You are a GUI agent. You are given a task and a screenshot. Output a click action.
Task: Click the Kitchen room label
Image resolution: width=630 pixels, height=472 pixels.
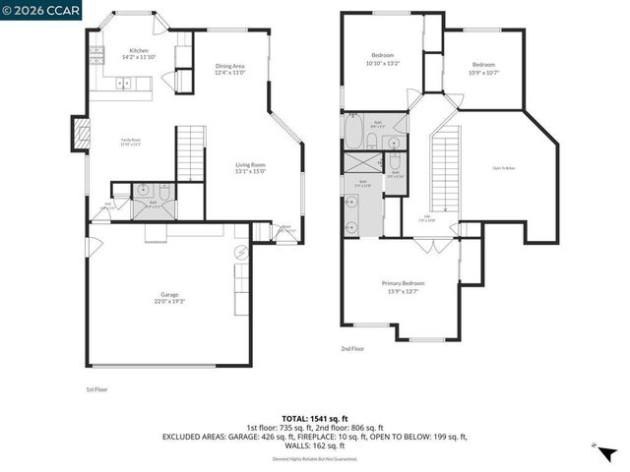(139, 50)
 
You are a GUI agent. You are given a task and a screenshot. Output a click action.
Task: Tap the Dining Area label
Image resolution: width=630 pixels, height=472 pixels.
(229, 67)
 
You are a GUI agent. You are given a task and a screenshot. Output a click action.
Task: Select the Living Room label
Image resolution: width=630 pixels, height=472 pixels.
(250, 164)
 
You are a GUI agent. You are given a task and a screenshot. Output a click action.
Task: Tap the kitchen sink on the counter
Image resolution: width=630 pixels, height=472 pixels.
(125, 85)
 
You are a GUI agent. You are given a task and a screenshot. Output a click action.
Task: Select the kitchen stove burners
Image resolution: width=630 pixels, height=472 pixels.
(97, 58)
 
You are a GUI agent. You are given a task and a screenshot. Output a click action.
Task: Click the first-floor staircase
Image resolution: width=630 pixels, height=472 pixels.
(189, 152)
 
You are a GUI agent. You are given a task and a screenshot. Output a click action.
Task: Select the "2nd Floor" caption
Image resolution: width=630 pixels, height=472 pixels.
(352, 348)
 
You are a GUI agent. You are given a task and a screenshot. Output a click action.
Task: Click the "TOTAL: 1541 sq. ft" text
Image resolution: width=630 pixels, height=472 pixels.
(314, 418)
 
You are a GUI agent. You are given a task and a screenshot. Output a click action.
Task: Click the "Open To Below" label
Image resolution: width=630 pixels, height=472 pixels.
(504, 168)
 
